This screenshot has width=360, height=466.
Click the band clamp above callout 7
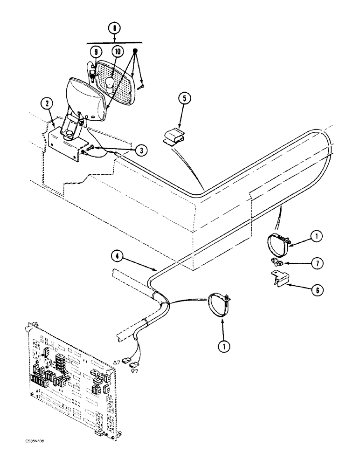click(278, 241)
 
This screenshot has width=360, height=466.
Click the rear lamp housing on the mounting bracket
click(84, 98)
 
